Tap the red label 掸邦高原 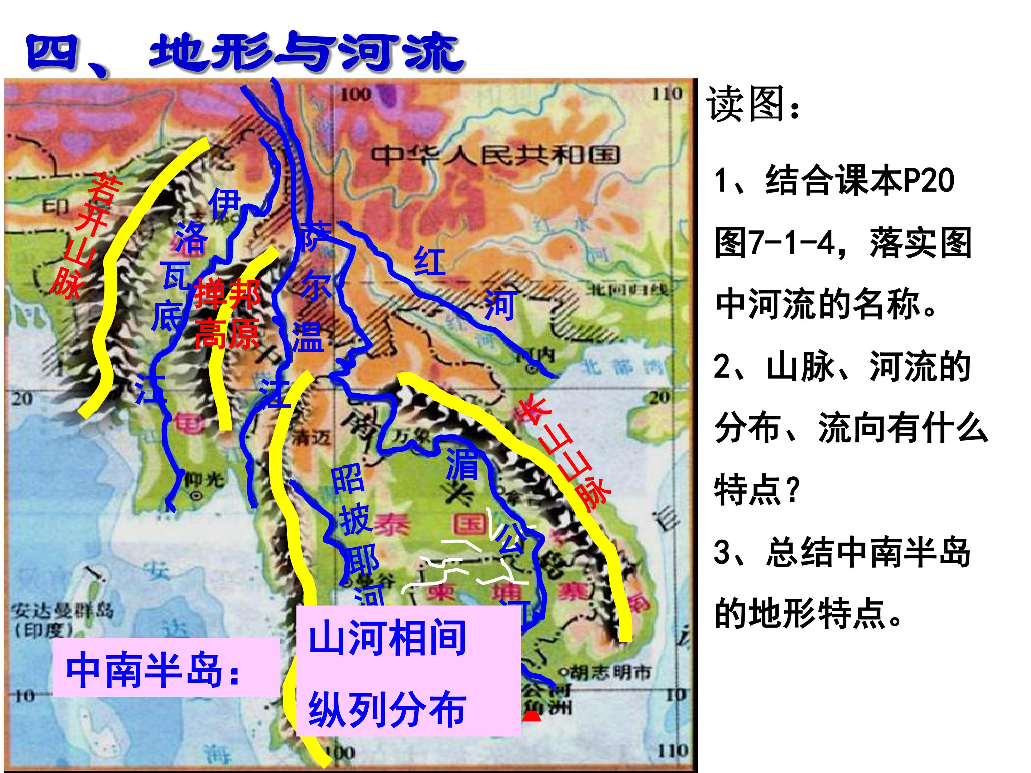click(227, 314)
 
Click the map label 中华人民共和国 click(494, 156)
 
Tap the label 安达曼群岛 click(63, 611)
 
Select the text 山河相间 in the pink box click(387, 637)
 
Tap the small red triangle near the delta click(531, 716)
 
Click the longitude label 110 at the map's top click(667, 94)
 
